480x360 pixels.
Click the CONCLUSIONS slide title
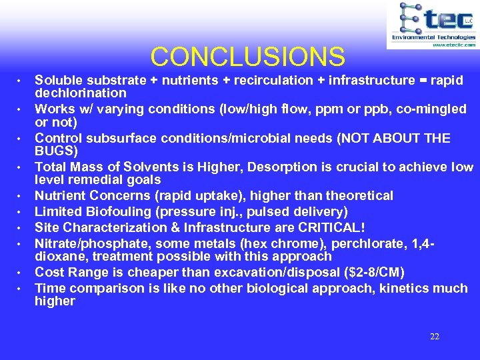pos(247,57)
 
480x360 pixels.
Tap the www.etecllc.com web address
pos(453,45)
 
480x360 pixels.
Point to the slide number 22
pos(434,337)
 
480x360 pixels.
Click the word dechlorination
pos(80,93)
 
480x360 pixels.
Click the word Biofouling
pos(113,212)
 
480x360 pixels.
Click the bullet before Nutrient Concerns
pos(20,197)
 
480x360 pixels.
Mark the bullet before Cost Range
pos(20,272)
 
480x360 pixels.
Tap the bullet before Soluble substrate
pos(20,81)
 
